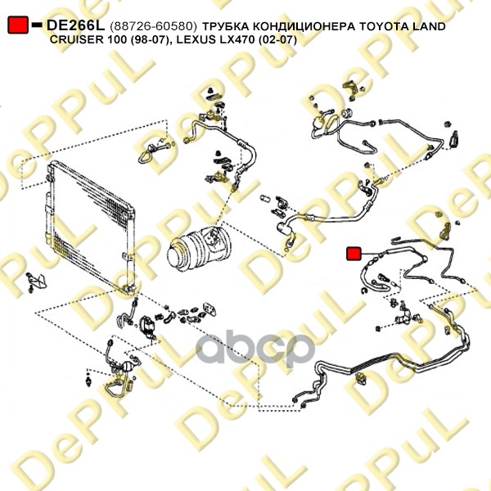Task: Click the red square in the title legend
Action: (x=18, y=25)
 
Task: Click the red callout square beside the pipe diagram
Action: (x=354, y=254)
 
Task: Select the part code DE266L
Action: (x=75, y=25)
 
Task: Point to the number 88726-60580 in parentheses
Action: (x=154, y=27)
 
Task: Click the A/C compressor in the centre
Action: (x=200, y=250)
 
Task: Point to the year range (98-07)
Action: (x=146, y=40)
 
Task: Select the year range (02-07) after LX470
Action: (x=277, y=40)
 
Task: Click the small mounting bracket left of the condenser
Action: (x=37, y=282)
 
